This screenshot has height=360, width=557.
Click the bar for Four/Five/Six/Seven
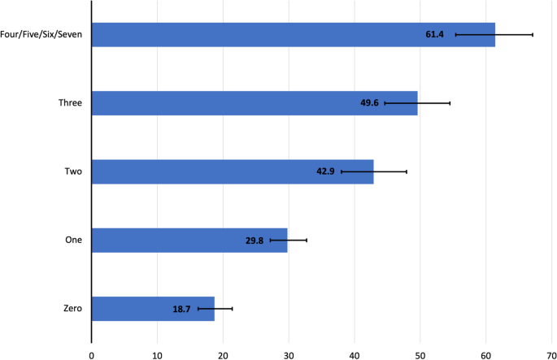point(294,35)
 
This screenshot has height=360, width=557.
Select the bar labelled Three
point(255,103)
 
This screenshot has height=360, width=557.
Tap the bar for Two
point(233,171)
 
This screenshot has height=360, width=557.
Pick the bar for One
point(189,241)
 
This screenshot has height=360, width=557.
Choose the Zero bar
point(153,309)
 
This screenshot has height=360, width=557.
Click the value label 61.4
point(434,34)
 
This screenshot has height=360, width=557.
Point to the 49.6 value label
point(369,103)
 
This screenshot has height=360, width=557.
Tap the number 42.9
point(325,171)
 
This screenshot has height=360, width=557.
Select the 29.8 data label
point(255,241)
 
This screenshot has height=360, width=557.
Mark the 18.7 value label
point(181,310)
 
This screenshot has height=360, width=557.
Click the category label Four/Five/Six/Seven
point(41,34)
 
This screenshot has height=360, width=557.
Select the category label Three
point(70,103)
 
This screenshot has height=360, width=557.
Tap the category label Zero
point(73,308)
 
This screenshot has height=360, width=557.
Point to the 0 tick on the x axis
point(92,355)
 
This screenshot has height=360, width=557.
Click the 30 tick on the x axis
point(289,355)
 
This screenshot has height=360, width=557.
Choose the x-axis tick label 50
point(420,355)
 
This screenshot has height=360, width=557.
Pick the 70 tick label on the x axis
point(551,355)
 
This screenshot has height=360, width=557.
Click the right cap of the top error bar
point(533,35)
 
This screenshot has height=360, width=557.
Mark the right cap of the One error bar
point(307,241)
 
